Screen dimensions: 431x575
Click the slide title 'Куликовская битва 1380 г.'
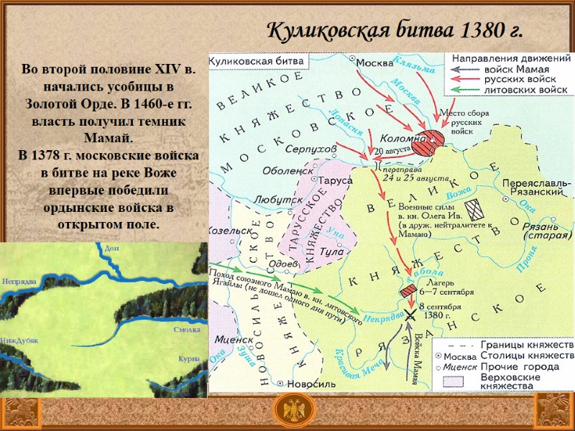tap(394, 32)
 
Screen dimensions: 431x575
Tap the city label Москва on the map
tap(375, 62)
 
